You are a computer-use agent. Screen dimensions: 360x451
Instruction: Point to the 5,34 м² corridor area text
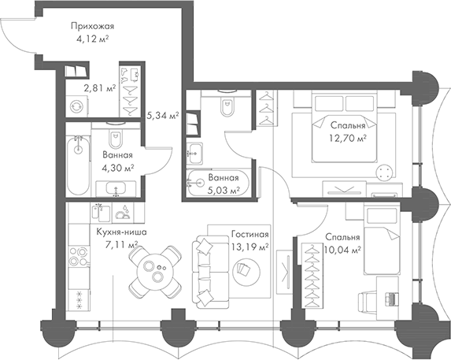click(162, 116)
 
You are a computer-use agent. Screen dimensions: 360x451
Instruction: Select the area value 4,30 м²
click(118, 167)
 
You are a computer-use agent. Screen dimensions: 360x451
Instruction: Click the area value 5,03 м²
click(223, 189)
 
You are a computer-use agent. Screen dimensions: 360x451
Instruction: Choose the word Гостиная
click(250, 235)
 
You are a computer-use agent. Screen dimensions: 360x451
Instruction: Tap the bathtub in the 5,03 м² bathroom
click(216, 182)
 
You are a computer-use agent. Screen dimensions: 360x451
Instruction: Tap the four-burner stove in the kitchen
click(78, 258)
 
